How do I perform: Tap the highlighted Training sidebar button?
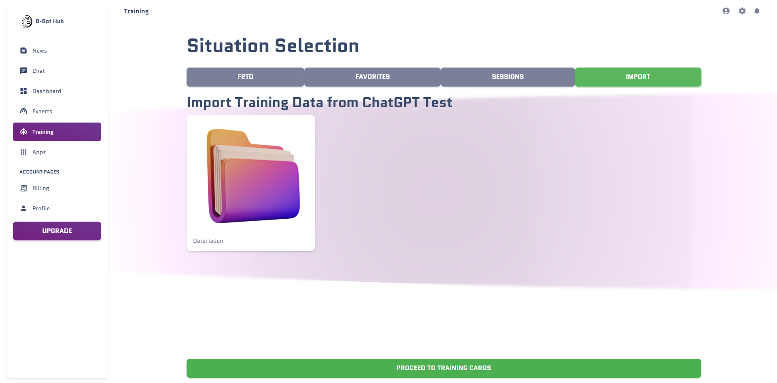[57, 132]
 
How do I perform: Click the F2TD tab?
[245, 77]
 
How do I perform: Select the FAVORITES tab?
[372, 77]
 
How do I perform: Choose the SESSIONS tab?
[507, 77]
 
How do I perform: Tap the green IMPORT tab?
[638, 77]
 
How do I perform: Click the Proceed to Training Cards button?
[444, 368]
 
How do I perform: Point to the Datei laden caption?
[208, 241]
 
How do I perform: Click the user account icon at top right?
[726, 11]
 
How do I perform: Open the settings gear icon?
[742, 11]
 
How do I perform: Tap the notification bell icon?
[757, 11]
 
